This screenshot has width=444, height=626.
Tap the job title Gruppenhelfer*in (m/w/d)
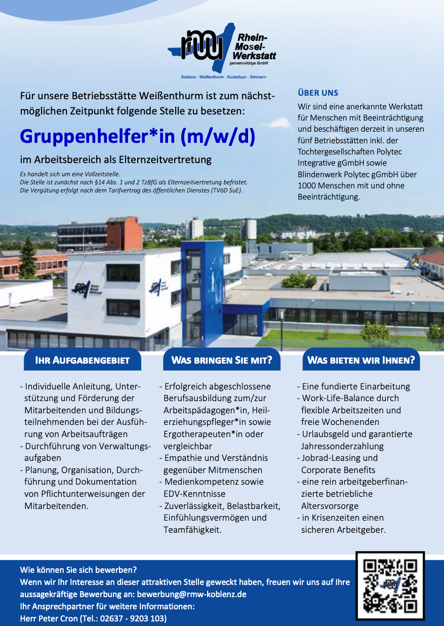(137, 136)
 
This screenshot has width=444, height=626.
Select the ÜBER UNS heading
(318, 93)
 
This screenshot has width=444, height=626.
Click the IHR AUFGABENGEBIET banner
(82, 360)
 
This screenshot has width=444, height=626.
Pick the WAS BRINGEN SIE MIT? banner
(222, 360)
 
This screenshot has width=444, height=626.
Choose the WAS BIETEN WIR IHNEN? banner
(361, 360)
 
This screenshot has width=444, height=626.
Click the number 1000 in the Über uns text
(307, 185)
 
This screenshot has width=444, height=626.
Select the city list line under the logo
(223, 76)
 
